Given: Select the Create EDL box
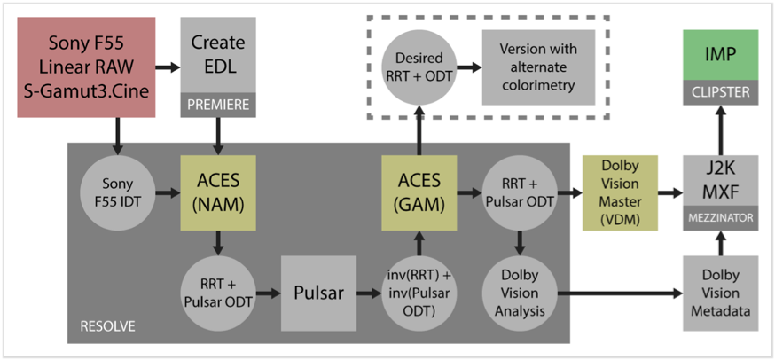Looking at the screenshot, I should [x=216, y=54].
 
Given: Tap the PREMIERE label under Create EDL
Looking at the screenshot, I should [x=216, y=106].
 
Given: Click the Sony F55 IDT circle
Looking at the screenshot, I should [x=116, y=191].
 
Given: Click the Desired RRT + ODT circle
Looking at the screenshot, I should [x=417, y=67].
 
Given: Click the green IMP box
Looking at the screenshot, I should [x=721, y=55].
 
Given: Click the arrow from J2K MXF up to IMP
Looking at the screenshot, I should [x=721, y=128].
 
